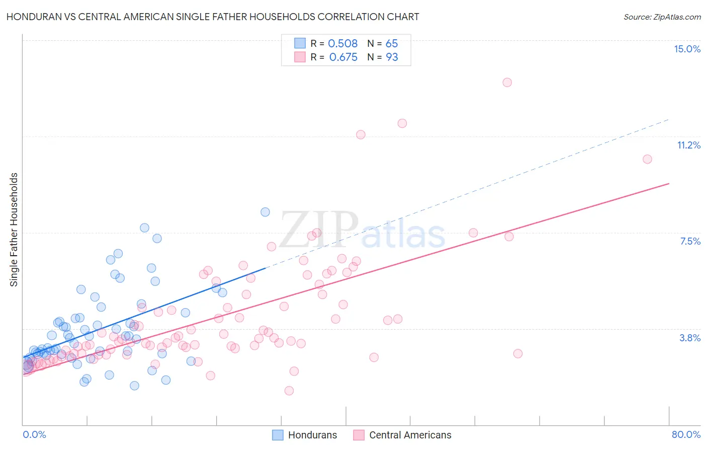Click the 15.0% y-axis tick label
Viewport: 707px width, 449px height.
687,49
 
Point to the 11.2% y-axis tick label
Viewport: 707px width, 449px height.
688,145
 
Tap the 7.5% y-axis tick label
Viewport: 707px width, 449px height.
690,241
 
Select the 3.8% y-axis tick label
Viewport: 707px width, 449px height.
690,338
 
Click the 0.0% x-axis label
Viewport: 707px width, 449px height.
34,434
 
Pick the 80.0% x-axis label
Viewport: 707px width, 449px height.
686,434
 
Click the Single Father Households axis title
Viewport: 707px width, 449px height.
14,230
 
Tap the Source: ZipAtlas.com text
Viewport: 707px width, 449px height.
662,17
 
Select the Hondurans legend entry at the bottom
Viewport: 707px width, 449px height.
305,435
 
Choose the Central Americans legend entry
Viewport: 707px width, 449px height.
402,435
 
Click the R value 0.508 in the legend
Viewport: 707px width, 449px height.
342,44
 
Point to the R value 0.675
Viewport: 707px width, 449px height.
343,57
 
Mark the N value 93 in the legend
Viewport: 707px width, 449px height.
392,57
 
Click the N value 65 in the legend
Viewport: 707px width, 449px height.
392,44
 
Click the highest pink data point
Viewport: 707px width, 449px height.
507,83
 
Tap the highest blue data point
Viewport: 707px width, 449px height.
265,212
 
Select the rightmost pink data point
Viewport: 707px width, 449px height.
647,159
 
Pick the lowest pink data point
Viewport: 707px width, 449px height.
289,391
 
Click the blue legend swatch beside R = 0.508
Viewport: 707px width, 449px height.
300,43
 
